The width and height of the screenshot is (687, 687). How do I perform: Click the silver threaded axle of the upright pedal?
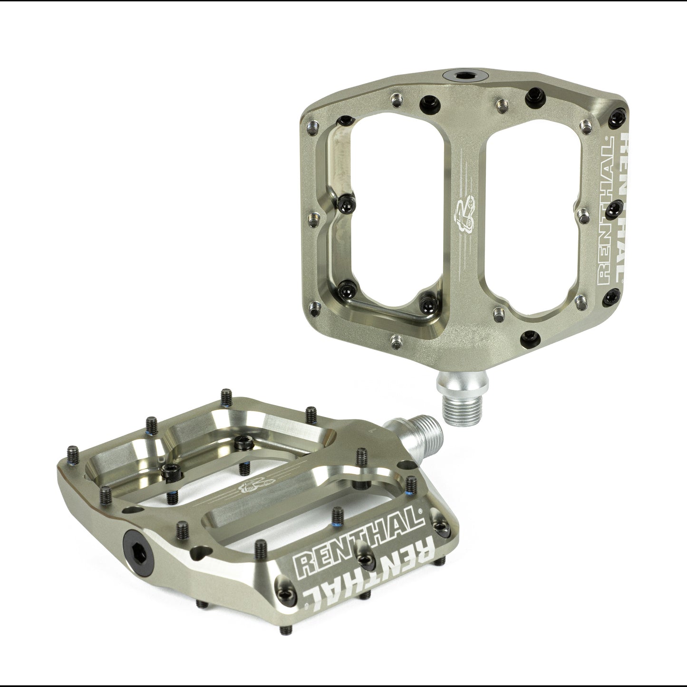point(458,407)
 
